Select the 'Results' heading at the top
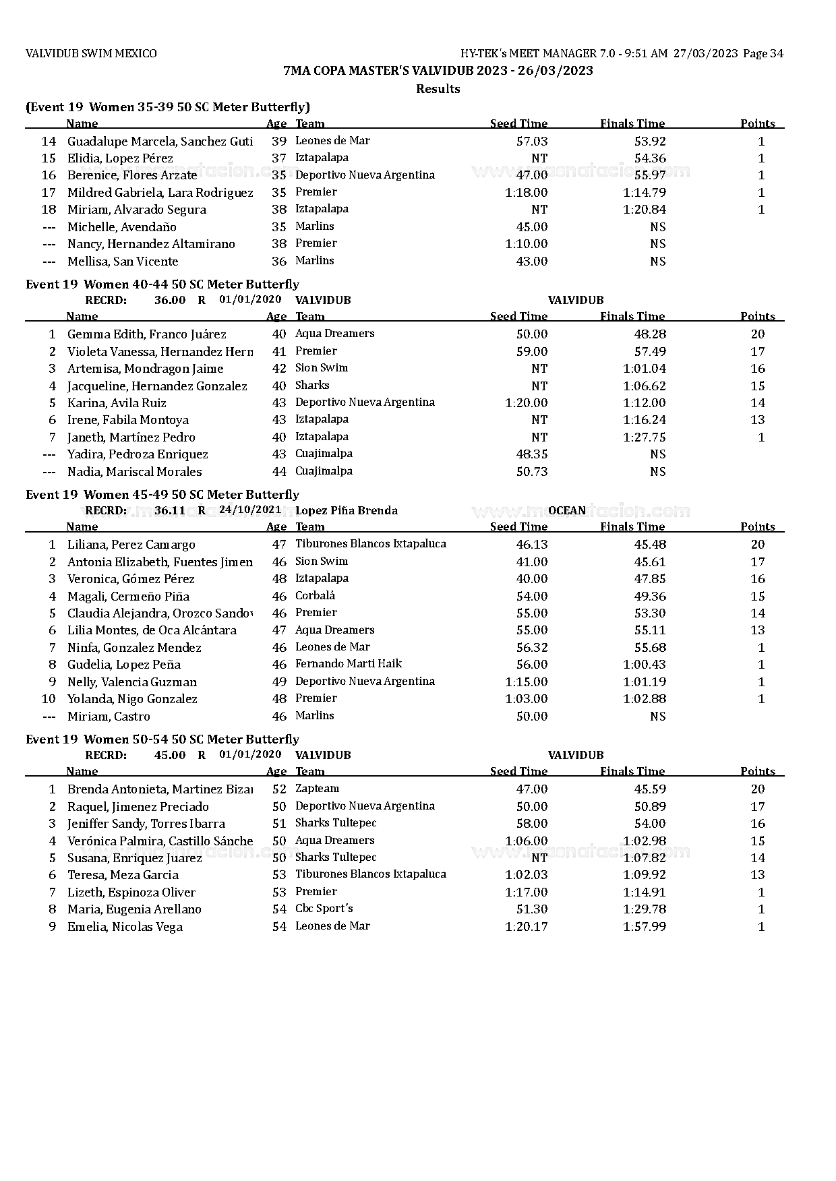tap(438, 89)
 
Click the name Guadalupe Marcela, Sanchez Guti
tap(160, 142)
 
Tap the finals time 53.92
tap(650, 142)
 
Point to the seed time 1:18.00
tap(526, 193)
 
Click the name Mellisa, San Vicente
tap(123, 262)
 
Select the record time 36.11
tap(169, 511)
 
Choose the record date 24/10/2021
tap(250, 510)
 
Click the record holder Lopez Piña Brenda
tap(346, 511)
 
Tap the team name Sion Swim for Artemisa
tap(322, 368)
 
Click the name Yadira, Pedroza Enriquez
tap(138, 454)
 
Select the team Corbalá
tap(315, 596)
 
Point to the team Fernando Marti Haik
tap(348, 664)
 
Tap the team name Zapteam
tap(317, 789)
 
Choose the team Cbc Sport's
tap(324, 909)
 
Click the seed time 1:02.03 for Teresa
tap(526, 875)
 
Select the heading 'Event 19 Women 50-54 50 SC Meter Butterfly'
tap(162, 739)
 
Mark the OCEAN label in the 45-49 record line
tap(566, 511)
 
